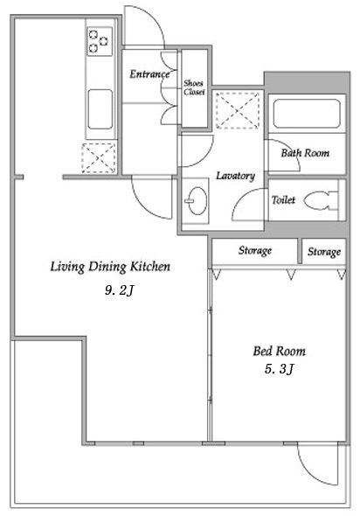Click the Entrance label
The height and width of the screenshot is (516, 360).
(x=149, y=74)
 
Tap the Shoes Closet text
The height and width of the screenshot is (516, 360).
(x=194, y=87)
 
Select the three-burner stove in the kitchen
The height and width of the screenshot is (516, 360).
(x=100, y=41)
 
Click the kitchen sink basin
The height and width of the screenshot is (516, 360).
(x=100, y=109)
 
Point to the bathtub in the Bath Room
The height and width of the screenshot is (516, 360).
(x=307, y=114)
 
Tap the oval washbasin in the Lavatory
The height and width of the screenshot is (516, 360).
(x=197, y=201)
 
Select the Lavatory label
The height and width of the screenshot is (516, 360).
(x=235, y=176)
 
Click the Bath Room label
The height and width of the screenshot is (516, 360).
(x=305, y=153)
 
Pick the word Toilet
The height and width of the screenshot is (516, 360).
(x=283, y=199)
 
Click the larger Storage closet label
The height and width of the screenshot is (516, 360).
(x=255, y=251)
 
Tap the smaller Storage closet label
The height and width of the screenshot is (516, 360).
(x=324, y=252)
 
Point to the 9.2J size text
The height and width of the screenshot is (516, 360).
(x=120, y=290)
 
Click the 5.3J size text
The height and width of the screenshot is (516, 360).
(x=279, y=369)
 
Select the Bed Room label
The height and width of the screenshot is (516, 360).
(x=279, y=351)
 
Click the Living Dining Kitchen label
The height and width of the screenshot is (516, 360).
(x=110, y=267)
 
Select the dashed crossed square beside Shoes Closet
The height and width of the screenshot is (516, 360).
(x=238, y=110)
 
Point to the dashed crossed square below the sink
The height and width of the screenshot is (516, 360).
(x=99, y=158)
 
